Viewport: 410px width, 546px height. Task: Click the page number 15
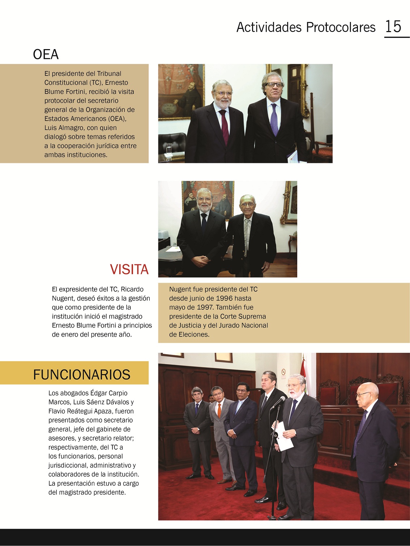(393, 27)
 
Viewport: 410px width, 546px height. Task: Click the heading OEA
(46, 55)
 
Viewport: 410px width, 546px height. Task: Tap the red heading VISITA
(129, 269)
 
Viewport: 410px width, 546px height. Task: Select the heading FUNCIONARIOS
(81, 374)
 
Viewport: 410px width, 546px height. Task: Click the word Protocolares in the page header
(341, 27)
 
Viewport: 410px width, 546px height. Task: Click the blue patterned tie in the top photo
(274, 119)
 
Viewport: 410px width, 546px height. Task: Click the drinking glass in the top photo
(169, 149)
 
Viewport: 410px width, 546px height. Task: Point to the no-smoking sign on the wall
(284, 372)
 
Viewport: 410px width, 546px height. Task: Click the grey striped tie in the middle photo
(247, 235)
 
